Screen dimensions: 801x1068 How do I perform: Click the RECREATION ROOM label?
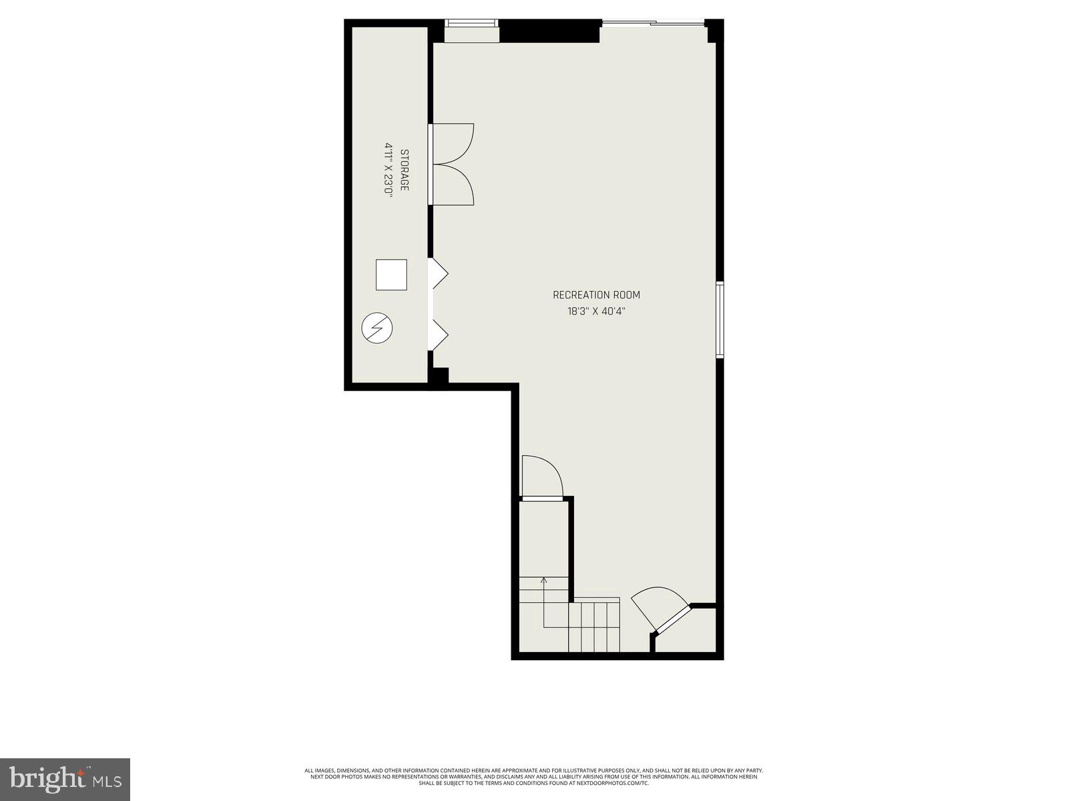(596, 295)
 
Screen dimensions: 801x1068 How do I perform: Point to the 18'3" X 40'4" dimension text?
(596, 311)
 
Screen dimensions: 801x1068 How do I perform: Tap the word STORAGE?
(404, 170)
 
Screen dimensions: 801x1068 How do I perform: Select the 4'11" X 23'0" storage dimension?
(388, 169)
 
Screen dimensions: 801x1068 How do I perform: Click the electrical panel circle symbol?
(377, 328)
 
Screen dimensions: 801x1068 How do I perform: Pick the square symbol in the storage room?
(391, 274)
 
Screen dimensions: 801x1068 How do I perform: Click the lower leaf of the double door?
(455, 186)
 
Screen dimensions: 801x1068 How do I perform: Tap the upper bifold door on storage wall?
(439, 274)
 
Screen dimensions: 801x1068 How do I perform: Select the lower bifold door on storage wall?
(439, 335)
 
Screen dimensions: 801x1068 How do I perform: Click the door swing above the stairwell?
(541, 477)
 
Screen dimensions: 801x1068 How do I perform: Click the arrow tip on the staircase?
(543, 579)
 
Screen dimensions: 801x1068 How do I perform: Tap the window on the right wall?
(720, 320)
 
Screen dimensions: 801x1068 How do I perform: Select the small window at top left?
(472, 23)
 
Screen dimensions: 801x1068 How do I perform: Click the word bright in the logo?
(50, 778)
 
